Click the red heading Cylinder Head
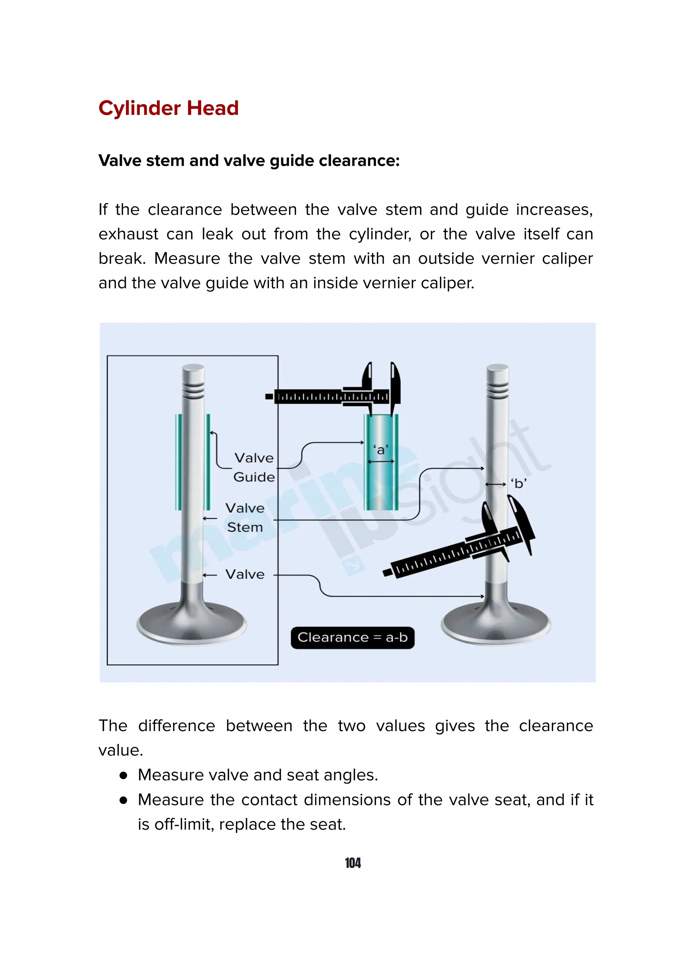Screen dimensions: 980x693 168,108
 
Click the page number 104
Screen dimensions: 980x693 353,863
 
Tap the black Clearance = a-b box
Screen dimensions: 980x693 352,638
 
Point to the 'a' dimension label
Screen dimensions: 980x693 380,450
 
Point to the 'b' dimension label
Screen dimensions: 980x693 519,484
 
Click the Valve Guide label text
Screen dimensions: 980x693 254,467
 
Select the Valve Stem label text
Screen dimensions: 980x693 245,517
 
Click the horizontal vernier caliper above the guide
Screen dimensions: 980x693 333,397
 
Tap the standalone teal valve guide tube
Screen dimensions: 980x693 381,487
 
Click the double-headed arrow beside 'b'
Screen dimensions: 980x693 496,484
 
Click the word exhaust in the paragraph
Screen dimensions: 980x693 129,234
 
